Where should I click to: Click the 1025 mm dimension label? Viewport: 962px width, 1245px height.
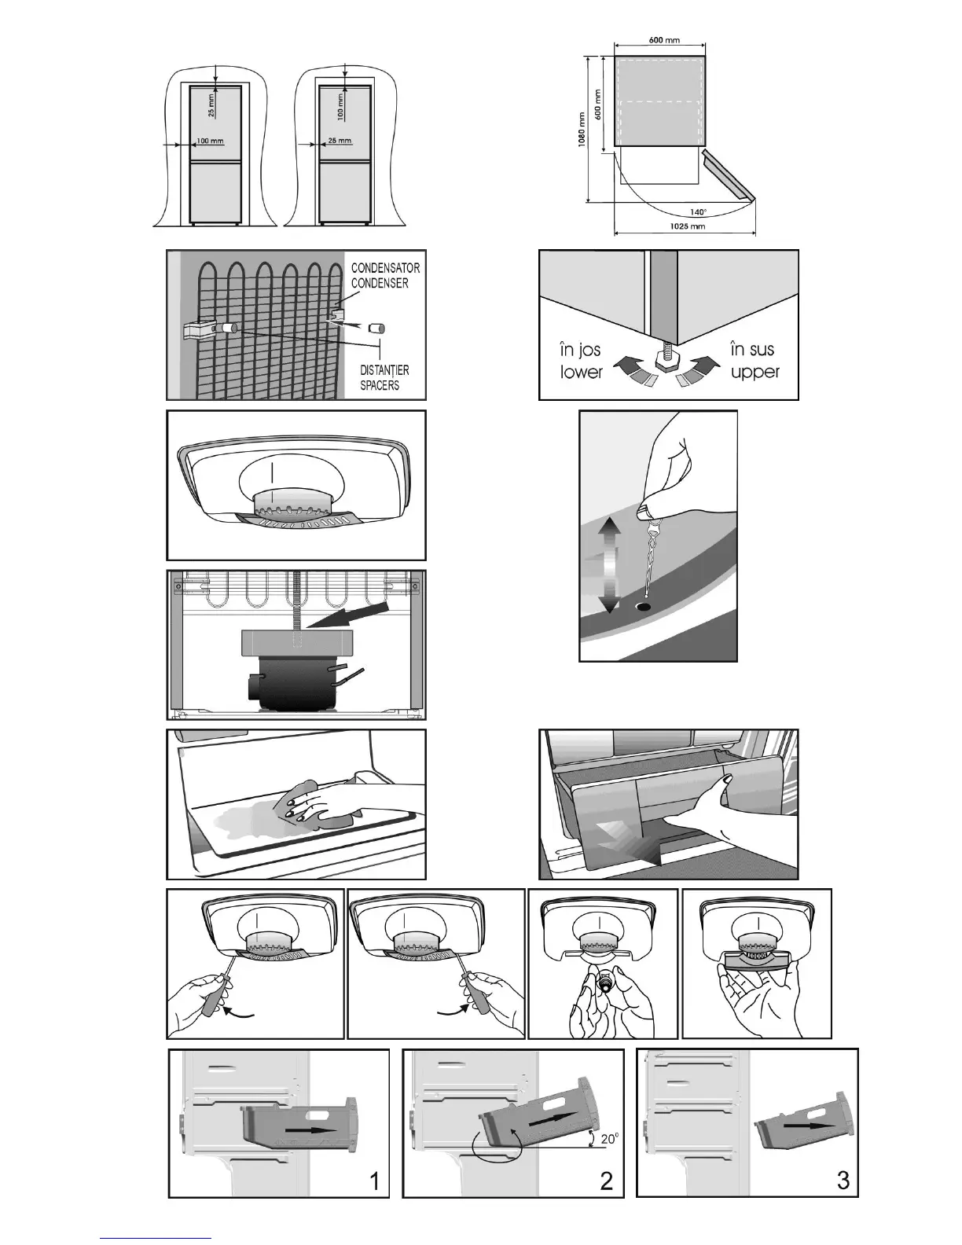point(687,226)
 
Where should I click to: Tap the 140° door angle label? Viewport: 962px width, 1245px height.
point(697,211)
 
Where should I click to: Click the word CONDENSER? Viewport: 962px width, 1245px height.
point(380,283)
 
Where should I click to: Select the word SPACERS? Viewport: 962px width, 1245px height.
point(380,385)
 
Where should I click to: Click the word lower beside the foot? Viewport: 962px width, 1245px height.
point(582,373)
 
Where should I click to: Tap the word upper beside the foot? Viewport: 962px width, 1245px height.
point(755,373)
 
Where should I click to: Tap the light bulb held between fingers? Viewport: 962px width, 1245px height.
point(605,982)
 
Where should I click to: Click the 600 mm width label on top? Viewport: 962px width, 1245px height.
point(665,40)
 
